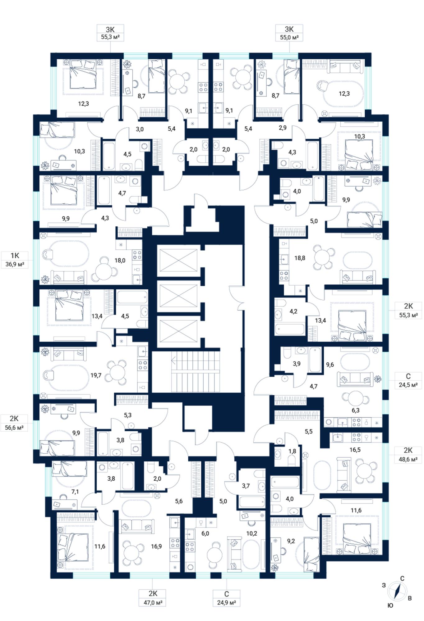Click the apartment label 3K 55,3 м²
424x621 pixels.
110,33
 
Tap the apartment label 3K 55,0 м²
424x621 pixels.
289,33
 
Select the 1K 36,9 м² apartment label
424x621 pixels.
15,260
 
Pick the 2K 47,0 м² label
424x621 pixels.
153,598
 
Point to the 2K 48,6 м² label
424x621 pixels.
408,455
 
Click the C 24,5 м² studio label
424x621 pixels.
408,380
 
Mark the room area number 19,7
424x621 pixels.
96,375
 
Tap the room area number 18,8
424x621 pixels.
300,258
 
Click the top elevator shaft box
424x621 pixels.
178,260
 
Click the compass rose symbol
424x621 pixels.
397,591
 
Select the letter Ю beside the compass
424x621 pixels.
390,605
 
